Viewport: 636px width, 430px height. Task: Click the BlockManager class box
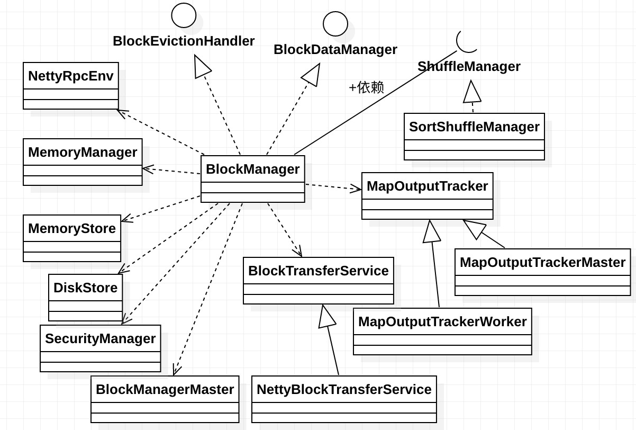coord(252,178)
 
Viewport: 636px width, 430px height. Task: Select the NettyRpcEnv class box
coord(70,85)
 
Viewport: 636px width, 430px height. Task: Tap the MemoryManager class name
coord(83,153)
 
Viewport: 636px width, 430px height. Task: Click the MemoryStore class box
coord(72,238)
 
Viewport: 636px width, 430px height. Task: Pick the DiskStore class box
coord(85,297)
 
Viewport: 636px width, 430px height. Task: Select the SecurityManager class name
coord(100,339)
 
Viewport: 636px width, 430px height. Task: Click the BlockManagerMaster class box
coord(165,399)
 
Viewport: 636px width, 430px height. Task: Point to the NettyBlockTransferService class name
coord(344,390)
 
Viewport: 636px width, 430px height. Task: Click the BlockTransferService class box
coord(318,280)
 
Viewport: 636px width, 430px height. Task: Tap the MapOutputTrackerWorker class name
coord(442,322)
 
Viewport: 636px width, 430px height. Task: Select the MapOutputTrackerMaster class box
coord(542,272)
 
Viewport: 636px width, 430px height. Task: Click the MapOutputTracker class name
coord(427,186)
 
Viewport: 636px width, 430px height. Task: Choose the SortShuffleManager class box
coord(474,136)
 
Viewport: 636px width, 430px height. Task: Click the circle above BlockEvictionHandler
coord(184,15)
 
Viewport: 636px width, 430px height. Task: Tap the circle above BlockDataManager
coord(335,24)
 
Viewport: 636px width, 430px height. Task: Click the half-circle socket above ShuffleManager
coord(467,41)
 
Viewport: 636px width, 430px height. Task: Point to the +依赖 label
coord(366,87)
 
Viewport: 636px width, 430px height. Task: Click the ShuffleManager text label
coord(469,67)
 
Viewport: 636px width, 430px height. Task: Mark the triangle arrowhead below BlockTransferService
coord(326,317)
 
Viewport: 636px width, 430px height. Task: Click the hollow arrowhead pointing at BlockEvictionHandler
coord(202,67)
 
